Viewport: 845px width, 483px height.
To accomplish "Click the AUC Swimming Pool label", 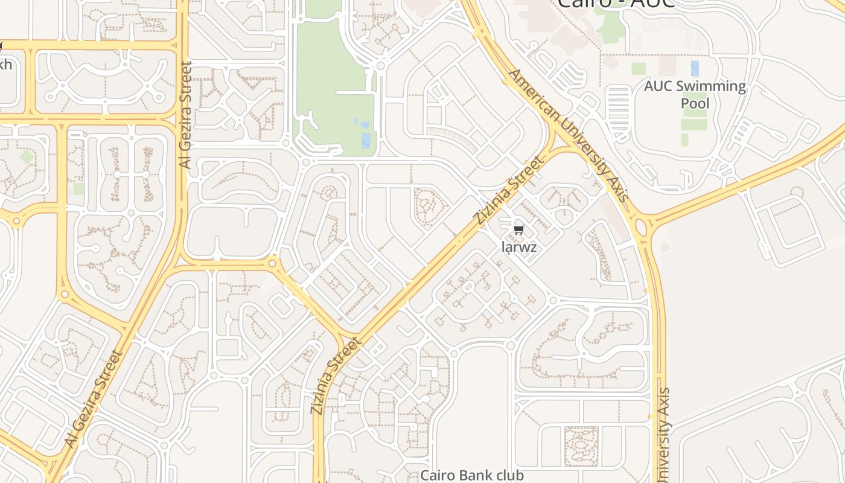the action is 695,95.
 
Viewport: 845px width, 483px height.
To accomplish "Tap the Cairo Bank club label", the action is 472,475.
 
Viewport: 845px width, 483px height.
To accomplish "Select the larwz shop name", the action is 519,247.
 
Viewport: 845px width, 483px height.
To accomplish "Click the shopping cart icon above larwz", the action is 519,229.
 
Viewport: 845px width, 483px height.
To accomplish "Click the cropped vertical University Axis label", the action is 665,435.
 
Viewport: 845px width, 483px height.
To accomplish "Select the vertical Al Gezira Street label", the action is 185,115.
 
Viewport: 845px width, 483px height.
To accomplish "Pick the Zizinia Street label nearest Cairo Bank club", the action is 336,376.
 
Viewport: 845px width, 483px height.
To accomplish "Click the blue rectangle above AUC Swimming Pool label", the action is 695,68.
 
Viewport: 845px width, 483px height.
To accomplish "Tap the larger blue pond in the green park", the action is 366,140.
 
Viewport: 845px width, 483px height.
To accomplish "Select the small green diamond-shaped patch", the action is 27,157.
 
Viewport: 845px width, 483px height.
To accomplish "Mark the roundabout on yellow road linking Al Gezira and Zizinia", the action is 272,263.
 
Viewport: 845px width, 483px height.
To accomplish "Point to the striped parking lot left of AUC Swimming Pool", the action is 619,105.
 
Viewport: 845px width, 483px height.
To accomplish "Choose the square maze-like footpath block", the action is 581,446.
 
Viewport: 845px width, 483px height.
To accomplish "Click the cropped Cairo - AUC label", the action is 615,4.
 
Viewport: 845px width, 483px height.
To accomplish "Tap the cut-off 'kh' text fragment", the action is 5,64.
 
